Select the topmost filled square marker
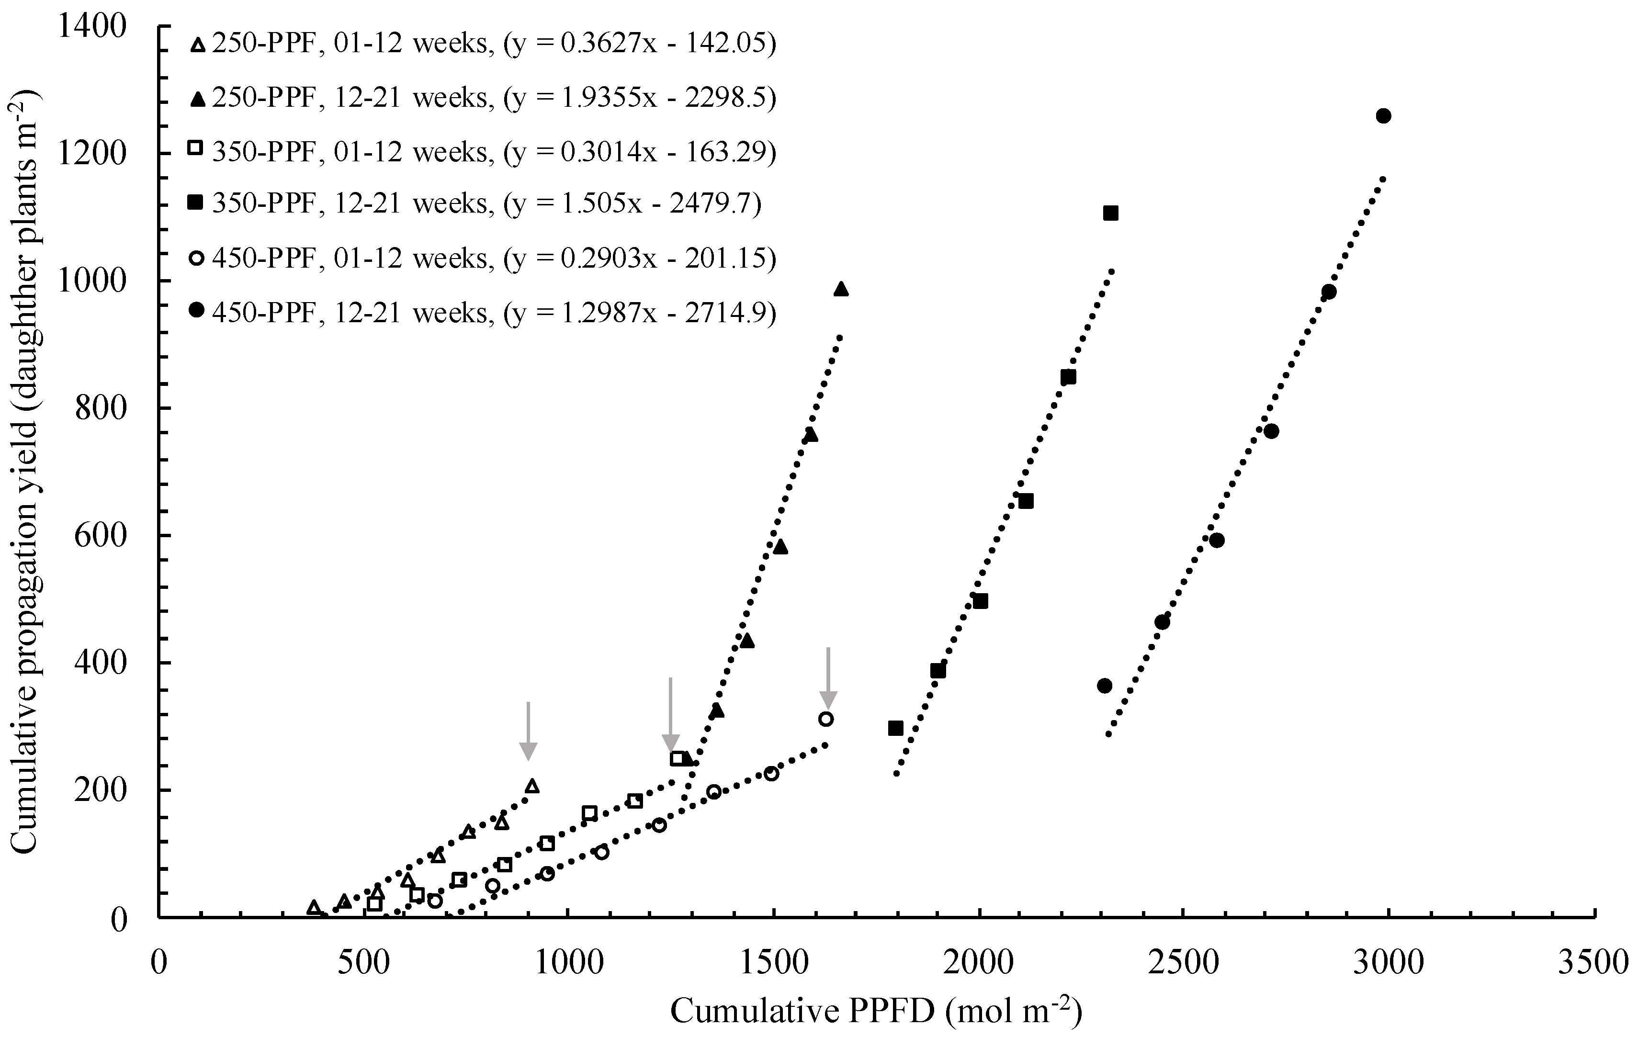coord(1111,214)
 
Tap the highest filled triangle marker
coord(841,289)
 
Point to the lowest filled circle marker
coord(1105,686)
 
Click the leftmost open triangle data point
coord(314,907)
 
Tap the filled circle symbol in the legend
coord(197,310)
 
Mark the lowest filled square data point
coord(896,728)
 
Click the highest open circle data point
coord(826,719)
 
